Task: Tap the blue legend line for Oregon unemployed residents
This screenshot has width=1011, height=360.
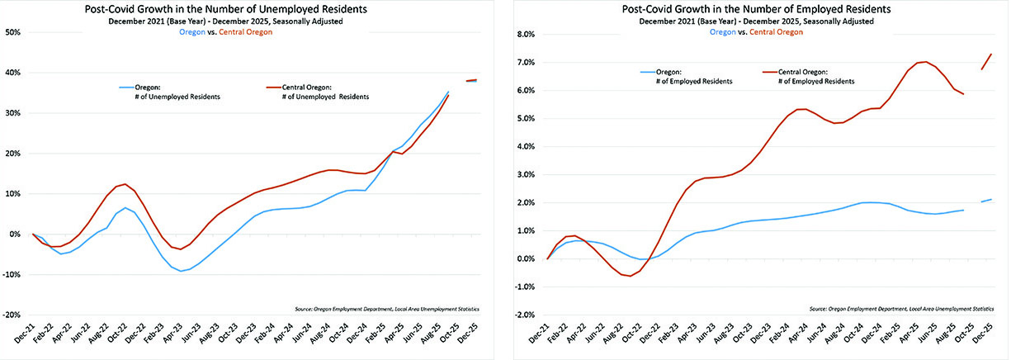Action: (x=129, y=87)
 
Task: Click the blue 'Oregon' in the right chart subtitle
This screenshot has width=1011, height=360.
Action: (x=723, y=32)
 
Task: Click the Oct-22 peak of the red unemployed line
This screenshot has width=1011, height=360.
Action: (x=124, y=184)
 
